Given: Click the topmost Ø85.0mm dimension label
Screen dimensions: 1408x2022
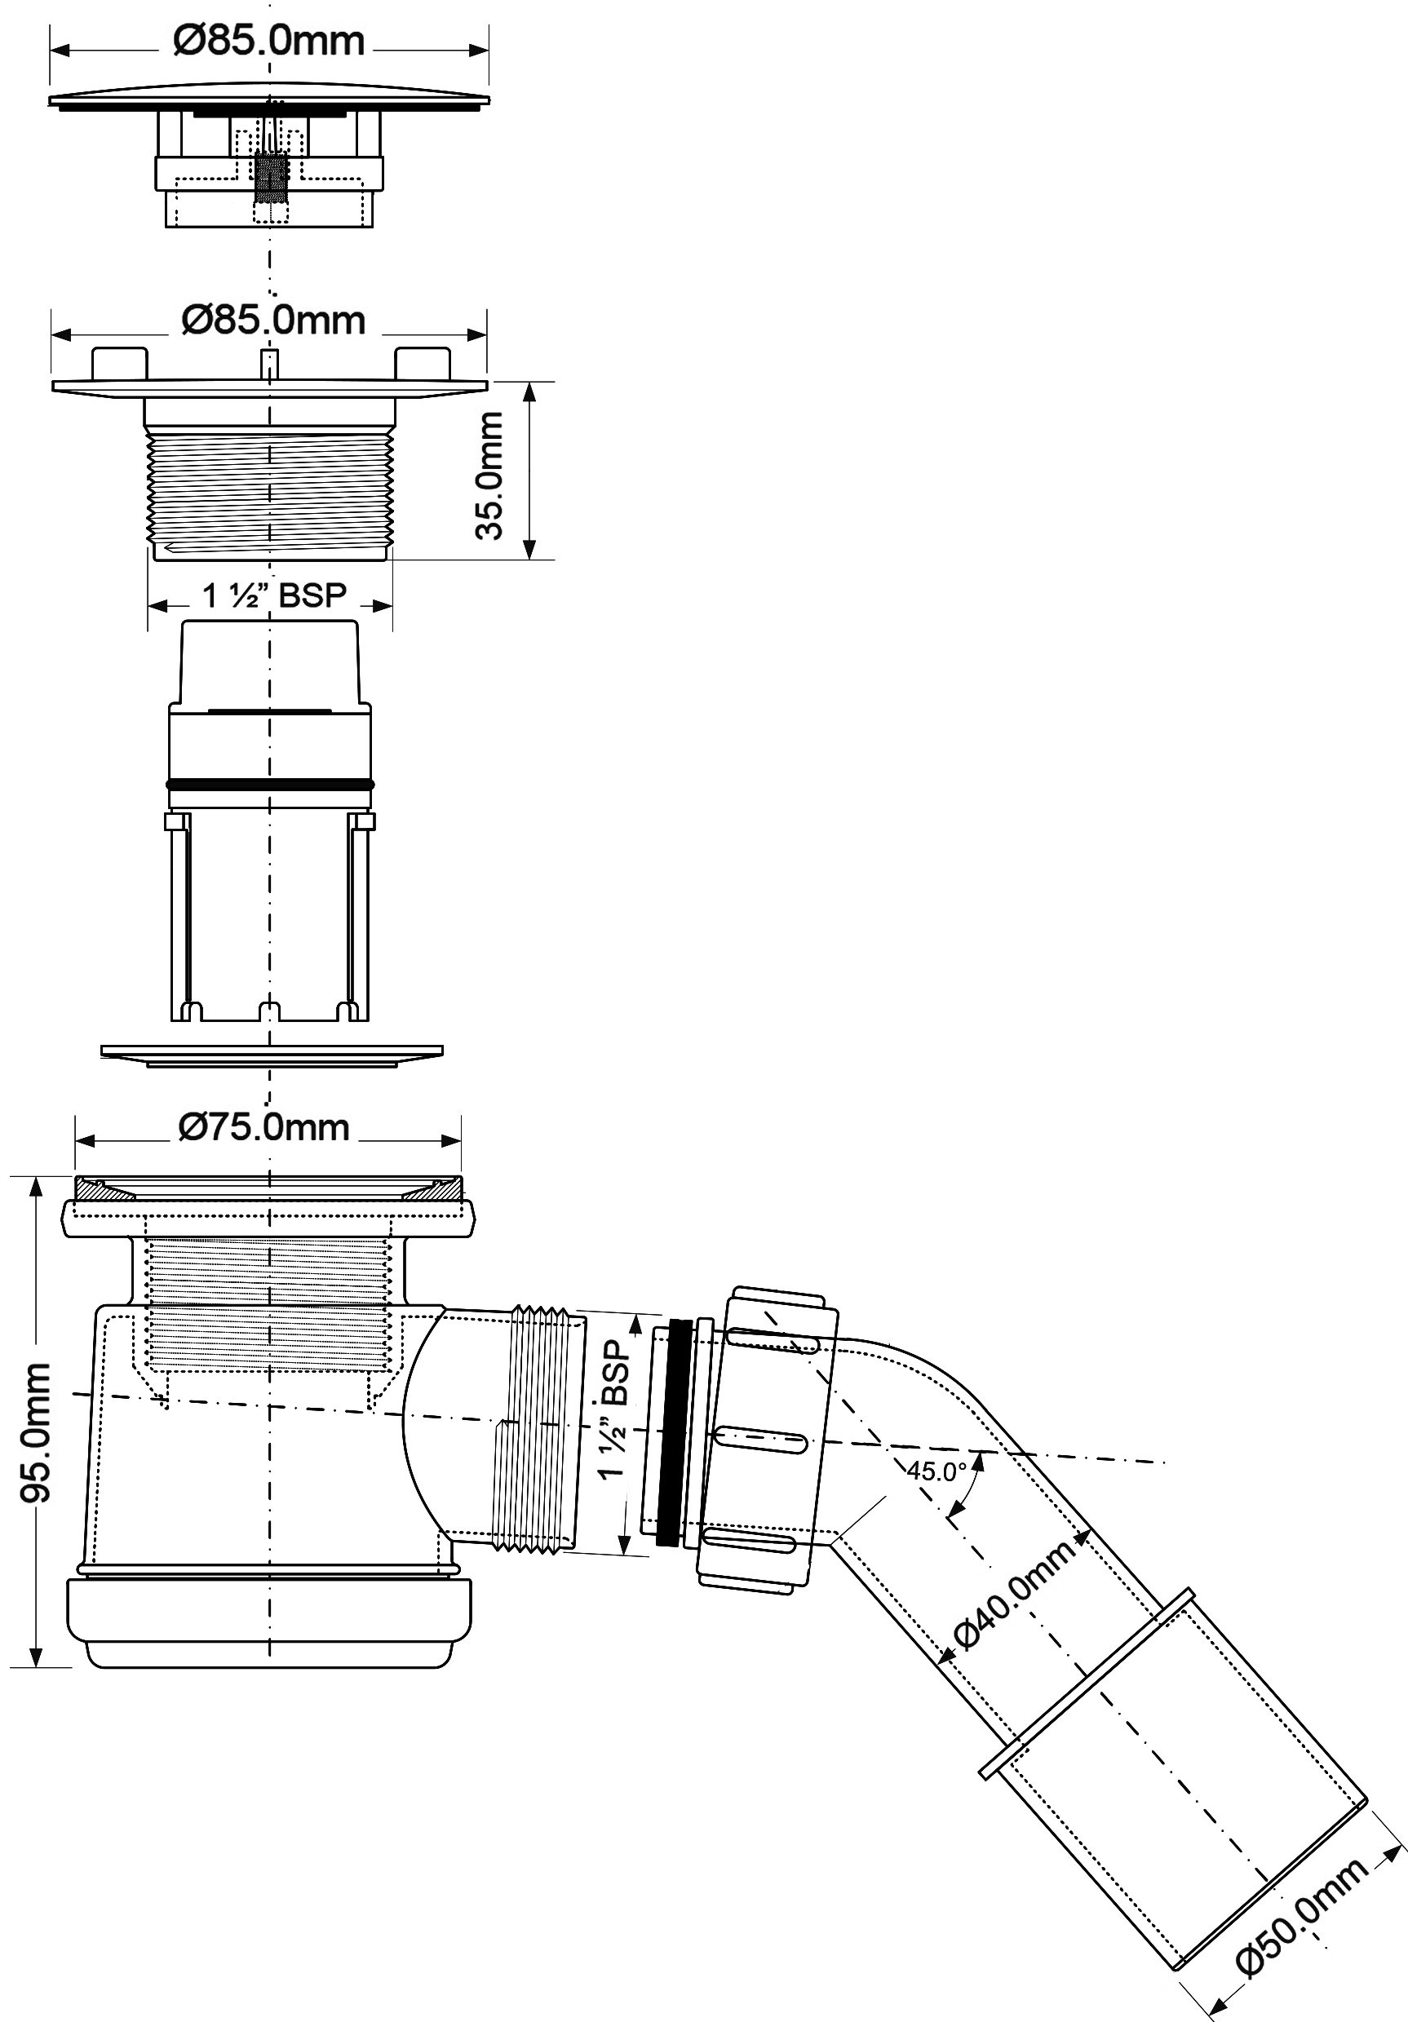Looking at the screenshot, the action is pos(268,42).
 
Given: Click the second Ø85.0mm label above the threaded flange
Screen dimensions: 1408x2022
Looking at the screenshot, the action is pos(273,321).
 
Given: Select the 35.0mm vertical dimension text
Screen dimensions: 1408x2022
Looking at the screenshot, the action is pos(489,475).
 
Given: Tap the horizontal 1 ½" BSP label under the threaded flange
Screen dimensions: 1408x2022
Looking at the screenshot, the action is pos(275,596).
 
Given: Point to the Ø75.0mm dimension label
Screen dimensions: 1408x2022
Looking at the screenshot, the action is pos(264,1127).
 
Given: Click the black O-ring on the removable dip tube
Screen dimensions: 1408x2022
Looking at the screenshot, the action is pos(269,785).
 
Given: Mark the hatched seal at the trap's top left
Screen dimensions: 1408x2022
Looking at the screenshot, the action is pos(104,1188).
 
